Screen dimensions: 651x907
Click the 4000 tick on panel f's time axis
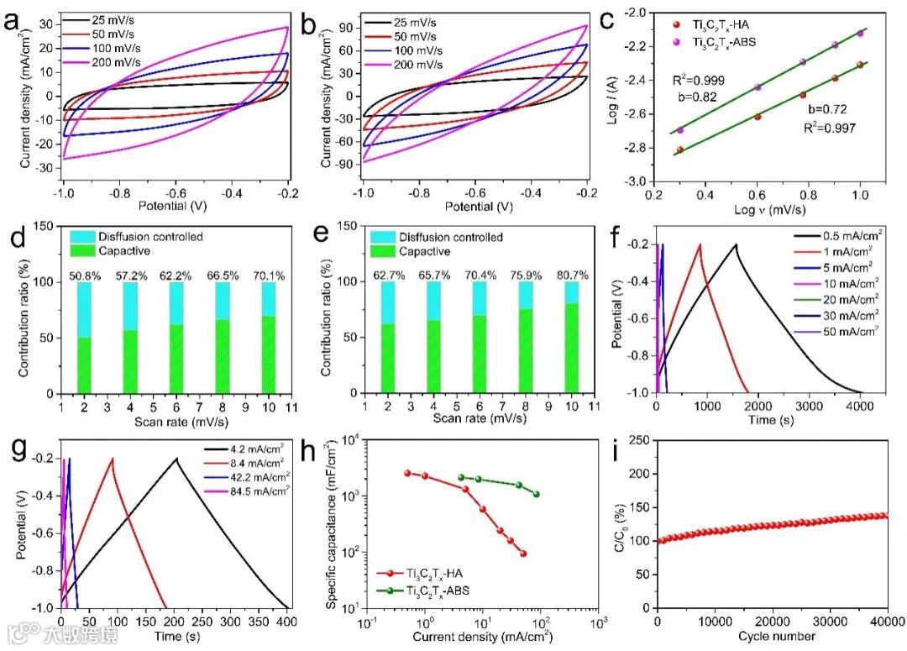pyautogui.click(x=860, y=405)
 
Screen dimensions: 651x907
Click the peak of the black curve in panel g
pyautogui.click(x=176, y=458)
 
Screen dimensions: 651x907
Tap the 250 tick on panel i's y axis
pyautogui.click(x=640, y=440)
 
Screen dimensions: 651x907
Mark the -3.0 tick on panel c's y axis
pyautogui.click(x=639, y=181)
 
